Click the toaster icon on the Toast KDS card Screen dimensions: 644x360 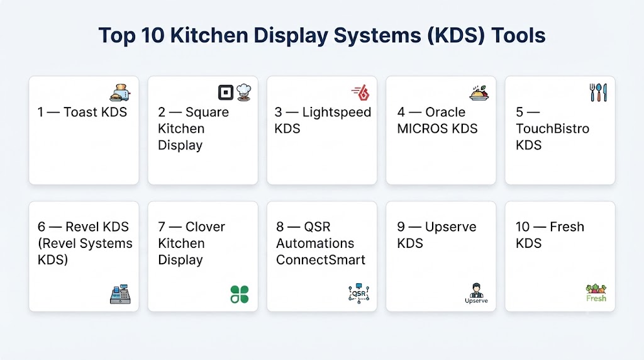tap(120, 93)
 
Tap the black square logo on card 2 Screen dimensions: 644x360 tap(226, 93)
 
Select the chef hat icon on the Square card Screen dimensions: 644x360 tap(243, 93)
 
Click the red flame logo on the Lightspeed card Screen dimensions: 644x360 tap(360, 93)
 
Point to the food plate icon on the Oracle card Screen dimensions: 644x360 tap(479, 93)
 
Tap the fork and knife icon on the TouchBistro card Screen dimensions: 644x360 tap(598, 93)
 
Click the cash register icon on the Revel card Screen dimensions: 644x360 tap(120, 294)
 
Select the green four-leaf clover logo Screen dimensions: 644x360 tap(240, 295)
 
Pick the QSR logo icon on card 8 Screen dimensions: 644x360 tap(358, 293)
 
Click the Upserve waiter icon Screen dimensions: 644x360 tap(477, 293)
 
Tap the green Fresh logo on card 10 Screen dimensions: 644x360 tap(596, 293)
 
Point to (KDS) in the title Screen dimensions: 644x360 tap(456, 35)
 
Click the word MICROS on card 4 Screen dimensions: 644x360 tap(423, 128)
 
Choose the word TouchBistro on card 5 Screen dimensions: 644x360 tap(552, 128)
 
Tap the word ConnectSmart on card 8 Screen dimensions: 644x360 tap(320, 260)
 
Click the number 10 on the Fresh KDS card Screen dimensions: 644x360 tap(523, 227)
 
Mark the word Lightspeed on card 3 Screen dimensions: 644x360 tap(336, 112)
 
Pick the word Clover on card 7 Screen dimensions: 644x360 tap(205, 227)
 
